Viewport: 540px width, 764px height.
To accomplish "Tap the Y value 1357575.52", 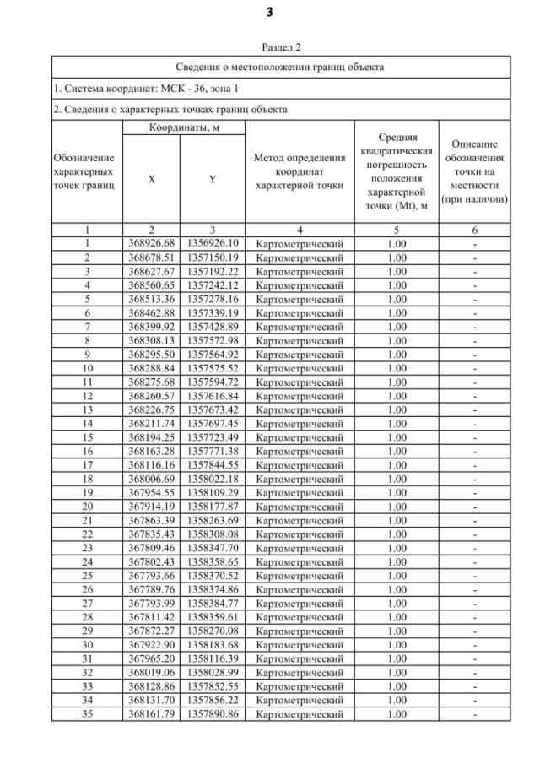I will coord(213,366).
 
